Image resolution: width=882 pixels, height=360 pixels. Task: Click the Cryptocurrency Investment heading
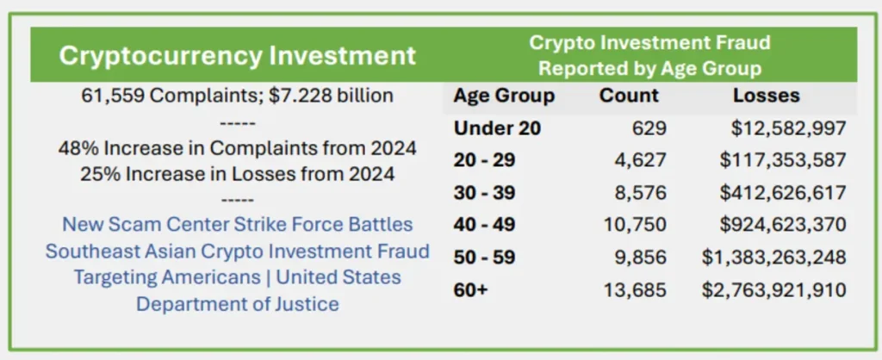[x=238, y=57]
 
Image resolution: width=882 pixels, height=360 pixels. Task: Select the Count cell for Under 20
[x=647, y=128]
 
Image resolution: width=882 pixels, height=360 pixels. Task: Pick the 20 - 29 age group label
[x=485, y=160]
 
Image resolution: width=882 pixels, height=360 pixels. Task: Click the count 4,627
[x=638, y=160]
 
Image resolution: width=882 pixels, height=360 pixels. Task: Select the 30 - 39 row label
[x=485, y=192]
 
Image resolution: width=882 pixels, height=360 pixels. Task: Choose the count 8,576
[x=638, y=192]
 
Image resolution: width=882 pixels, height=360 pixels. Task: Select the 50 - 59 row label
[x=485, y=257]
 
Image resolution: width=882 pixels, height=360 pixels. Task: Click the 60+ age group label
[x=470, y=289]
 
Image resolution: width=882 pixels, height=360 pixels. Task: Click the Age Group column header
[x=504, y=96]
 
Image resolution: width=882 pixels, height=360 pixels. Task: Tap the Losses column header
[x=766, y=96]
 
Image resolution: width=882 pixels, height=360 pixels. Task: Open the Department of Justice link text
[x=238, y=304]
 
